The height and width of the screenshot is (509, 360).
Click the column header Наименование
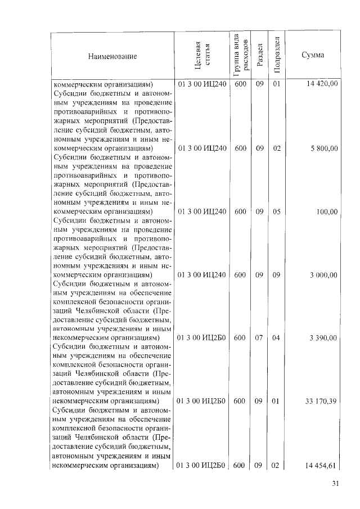coord(112,57)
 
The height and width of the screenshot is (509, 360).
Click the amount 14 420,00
coord(322,84)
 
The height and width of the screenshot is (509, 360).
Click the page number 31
coord(336,485)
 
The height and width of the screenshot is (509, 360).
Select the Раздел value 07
coord(259,338)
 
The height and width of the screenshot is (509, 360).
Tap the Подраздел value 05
coord(276,211)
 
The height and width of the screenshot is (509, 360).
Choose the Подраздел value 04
coord(276,338)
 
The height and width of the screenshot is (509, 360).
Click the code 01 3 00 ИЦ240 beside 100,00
coord(202,211)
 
